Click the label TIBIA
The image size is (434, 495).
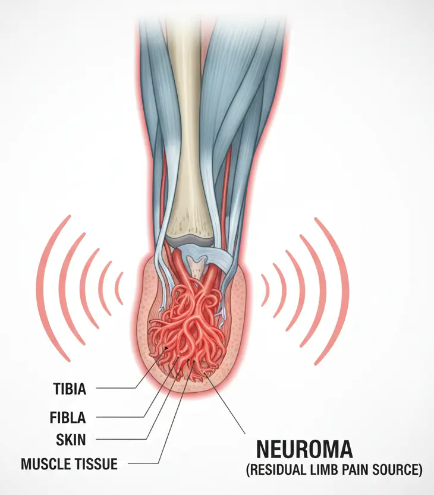(x=69, y=389)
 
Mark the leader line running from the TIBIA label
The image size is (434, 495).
(x=116, y=389)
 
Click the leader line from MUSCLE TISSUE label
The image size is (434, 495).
(x=143, y=463)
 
